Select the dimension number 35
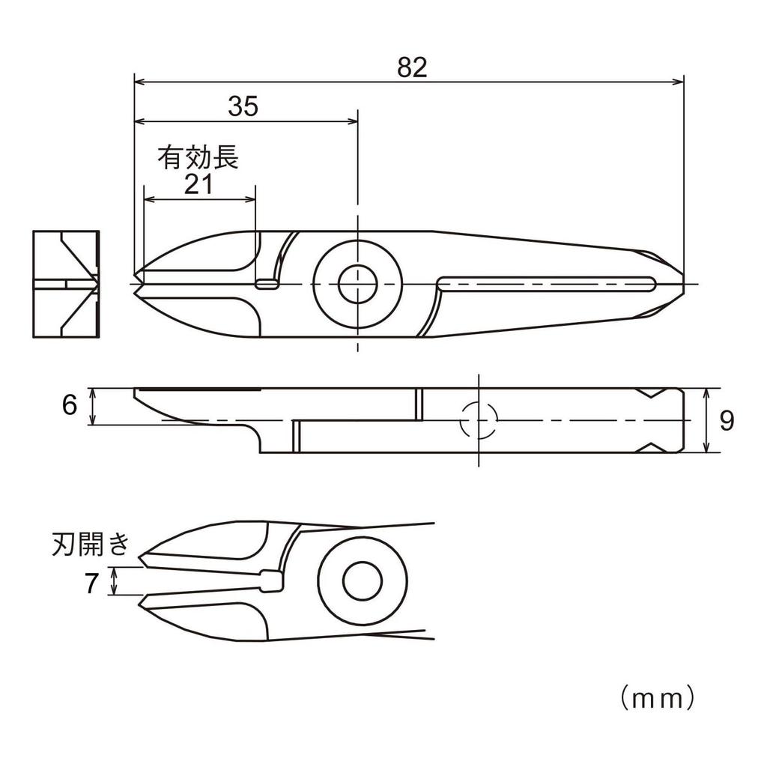(x=243, y=106)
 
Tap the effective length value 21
(x=198, y=185)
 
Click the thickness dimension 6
(x=70, y=405)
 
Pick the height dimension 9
(x=727, y=421)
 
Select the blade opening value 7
(x=91, y=583)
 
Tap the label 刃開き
(x=91, y=545)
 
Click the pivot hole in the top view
(x=358, y=284)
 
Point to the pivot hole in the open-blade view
(x=362, y=581)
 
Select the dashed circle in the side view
(x=479, y=420)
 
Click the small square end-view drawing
(x=66, y=284)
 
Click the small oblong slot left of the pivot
(x=267, y=284)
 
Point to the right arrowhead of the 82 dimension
(x=678, y=82)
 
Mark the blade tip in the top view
(x=134, y=284)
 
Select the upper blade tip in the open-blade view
(x=139, y=558)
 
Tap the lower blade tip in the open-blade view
(x=139, y=605)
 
